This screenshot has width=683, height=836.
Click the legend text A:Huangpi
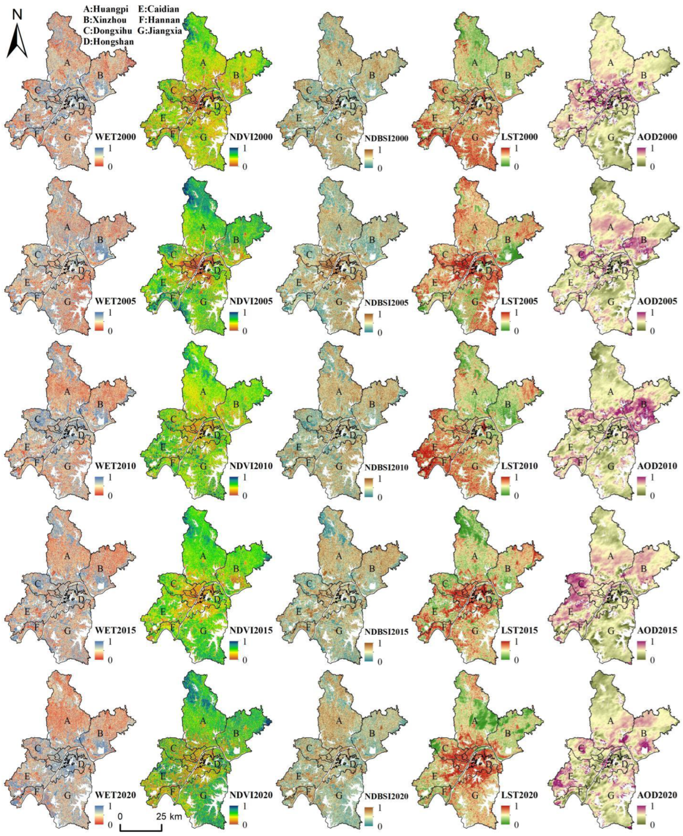(106, 9)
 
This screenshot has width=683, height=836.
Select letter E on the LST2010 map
(435, 447)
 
